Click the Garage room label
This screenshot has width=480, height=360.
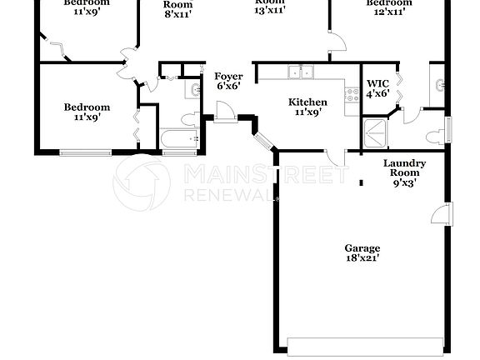362,247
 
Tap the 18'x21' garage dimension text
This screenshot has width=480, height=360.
362,258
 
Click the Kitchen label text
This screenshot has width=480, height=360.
307,102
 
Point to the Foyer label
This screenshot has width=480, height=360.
229,76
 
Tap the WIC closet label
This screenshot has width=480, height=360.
378,83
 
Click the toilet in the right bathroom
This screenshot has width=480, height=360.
432,137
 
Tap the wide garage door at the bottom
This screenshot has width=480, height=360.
365,343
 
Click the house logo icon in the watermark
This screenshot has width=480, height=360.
139,180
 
